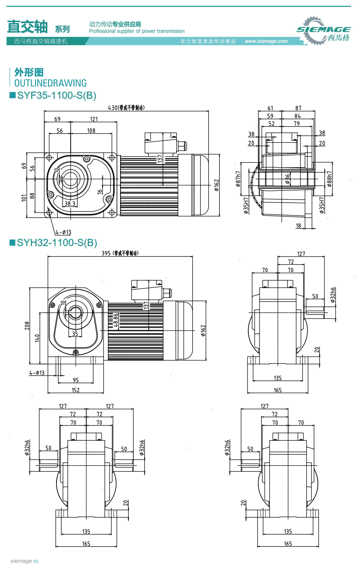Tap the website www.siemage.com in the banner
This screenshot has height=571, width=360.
pyautogui.click(x=266, y=41)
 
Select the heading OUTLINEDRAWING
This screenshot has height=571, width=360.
pyautogui.click(x=50, y=83)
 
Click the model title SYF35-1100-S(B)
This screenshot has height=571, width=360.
pyautogui.click(x=56, y=96)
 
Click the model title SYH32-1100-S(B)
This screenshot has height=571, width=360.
pyautogui.click(x=57, y=243)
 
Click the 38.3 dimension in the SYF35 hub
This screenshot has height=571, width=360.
pyautogui.click(x=69, y=204)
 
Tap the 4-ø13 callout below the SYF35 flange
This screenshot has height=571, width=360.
pyautogui.click(x=63, y=232)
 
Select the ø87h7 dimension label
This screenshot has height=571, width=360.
pyautogui.click(x=238, y=179)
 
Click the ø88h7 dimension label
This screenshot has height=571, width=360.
pyautogui.click(x=329, y=179)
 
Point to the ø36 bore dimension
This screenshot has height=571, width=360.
pyautogui.click(x=288, y=179)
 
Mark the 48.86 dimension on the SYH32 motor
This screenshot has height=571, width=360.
pyautogui.click(x=116, y=320)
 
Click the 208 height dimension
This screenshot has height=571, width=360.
pyautogui.click(x=27, y=326)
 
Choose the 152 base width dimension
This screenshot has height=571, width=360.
pyautogui.click(x=76, y=390)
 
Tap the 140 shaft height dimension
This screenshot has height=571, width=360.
pyautogui.click(x=37, y=338)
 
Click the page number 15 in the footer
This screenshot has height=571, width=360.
pyautogui.click(x=36, y=561)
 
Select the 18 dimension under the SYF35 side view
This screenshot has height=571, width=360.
pyautogui.click(x=298, y=226)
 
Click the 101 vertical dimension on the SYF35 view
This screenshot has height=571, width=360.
pyautogui.click(x=23, y=198)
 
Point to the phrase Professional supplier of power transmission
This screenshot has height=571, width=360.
pyautogui.click(x=137, y=31)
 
